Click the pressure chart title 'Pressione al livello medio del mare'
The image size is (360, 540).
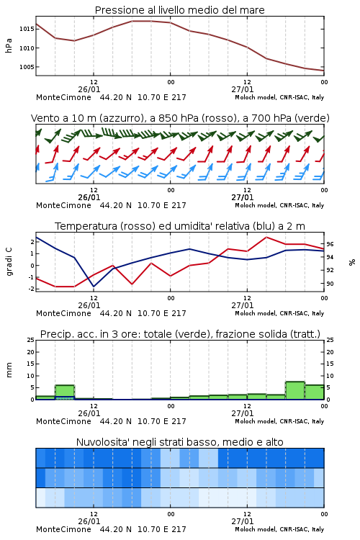180,10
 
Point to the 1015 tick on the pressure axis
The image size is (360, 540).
27,29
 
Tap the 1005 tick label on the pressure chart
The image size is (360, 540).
27,67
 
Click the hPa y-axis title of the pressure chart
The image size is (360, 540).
9,45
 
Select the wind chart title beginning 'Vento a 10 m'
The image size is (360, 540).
180,118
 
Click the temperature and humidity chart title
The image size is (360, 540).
180,226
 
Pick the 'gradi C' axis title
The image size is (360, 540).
9,261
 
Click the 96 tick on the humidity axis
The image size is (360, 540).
330,244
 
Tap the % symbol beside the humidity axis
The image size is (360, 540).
352,262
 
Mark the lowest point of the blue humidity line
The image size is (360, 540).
94,286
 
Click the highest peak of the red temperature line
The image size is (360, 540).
266,237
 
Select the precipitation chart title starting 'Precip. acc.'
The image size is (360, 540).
180,334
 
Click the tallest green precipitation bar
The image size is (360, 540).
295,390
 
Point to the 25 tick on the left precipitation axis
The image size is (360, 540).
31,340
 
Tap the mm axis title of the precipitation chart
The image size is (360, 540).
9,370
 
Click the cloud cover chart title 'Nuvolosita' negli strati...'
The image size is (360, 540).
180,442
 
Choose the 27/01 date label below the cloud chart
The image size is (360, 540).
243,521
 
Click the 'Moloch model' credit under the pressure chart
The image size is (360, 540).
256,97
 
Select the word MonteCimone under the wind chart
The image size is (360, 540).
64,206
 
